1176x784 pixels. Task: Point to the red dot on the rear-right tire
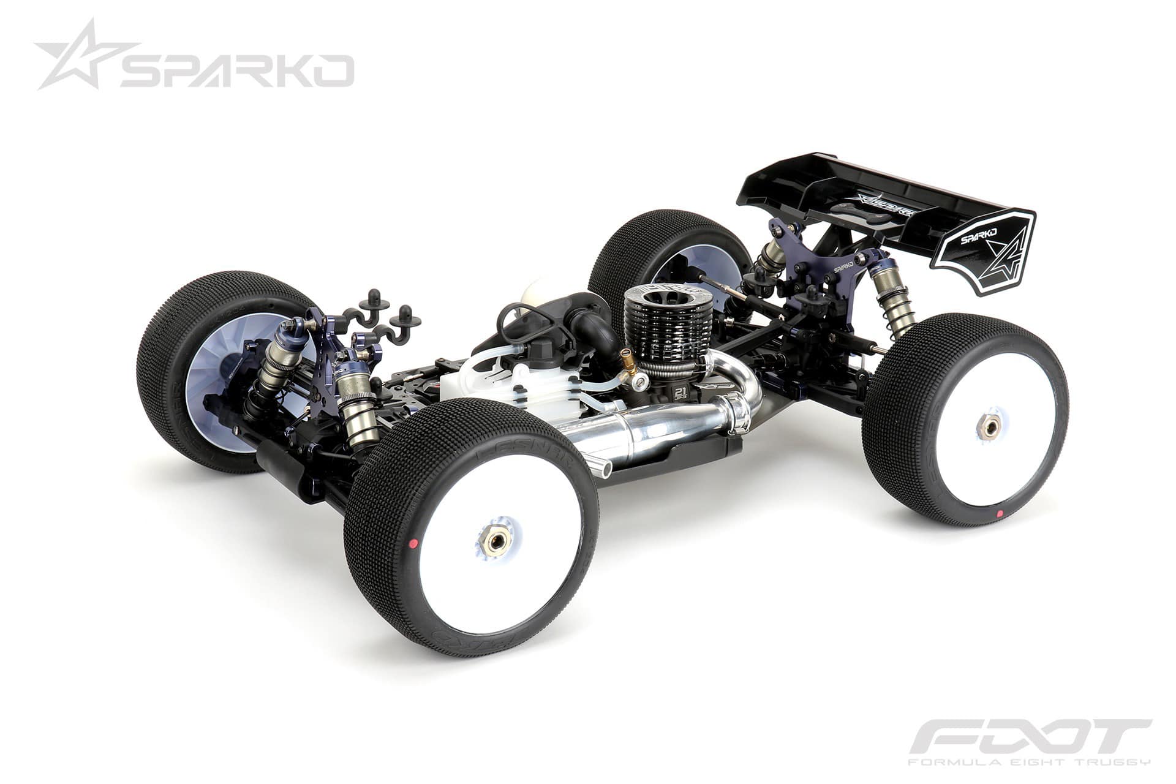click(1000, 513)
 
